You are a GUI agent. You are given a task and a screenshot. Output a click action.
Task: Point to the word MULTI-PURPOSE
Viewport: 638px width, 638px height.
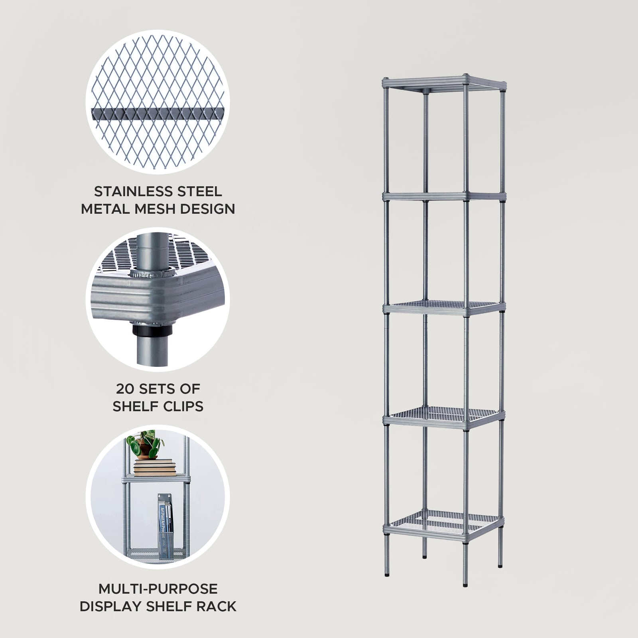pyautogui.click(x=158, y=589)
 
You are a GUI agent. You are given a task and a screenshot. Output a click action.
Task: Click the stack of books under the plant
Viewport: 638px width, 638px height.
pyautogui.click(x=155, y=467)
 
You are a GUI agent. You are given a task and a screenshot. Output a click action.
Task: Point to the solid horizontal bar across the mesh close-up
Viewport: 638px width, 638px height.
pyautogui.click(x=158, y=113)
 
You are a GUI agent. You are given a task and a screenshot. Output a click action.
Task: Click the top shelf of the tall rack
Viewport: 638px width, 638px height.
pyautogui.click(x=443, y=84)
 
